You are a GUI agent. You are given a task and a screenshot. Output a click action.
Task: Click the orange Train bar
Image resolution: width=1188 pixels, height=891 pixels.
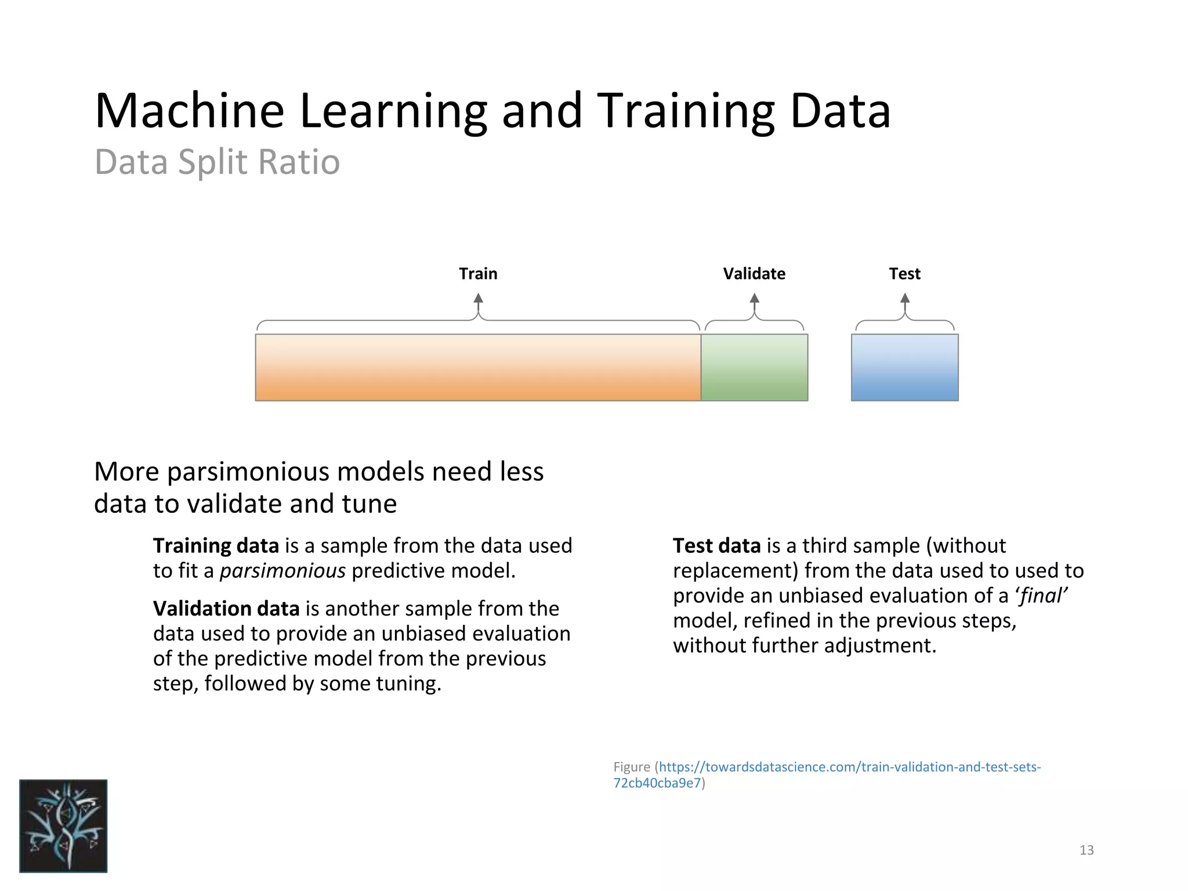(478, 367)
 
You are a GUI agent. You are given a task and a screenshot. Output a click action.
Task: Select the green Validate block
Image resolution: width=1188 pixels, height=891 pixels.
(754, 367)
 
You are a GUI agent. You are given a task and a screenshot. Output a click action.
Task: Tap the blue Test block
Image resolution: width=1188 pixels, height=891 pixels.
(904, 367)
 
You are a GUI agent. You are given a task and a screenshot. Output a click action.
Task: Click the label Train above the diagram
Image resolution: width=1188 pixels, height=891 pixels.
(478, 274)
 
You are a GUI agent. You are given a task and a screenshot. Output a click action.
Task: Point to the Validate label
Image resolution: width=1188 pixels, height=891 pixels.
(754, 274)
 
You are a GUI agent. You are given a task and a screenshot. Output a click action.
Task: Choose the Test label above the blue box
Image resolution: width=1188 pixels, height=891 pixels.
(904, 274)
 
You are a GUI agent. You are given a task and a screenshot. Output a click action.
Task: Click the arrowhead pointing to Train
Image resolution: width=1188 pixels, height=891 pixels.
(478, 298)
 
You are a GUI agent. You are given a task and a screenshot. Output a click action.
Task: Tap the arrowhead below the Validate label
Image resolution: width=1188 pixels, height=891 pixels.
(754, 298)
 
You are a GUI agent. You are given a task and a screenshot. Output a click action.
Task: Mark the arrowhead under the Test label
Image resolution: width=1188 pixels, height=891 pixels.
(904, 298)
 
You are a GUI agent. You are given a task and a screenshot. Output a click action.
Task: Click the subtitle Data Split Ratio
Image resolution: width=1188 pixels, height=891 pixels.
(217, 162)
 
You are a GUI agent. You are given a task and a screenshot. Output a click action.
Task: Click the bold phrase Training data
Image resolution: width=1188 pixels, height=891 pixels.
(216, 546)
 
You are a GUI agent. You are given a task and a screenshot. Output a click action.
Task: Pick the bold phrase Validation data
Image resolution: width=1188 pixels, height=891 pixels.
(226, 609)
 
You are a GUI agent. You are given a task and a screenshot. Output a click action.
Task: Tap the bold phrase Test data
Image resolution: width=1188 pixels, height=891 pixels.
(716, 546)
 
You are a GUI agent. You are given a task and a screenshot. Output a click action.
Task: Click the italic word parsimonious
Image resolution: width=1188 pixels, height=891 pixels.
(282, 571)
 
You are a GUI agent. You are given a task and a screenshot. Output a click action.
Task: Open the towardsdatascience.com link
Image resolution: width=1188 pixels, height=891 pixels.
(849, 767)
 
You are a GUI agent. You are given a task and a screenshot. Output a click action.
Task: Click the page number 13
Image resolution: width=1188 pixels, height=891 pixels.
(1086, 850)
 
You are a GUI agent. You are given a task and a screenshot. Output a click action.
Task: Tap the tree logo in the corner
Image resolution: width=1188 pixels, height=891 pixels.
(63, 825)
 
